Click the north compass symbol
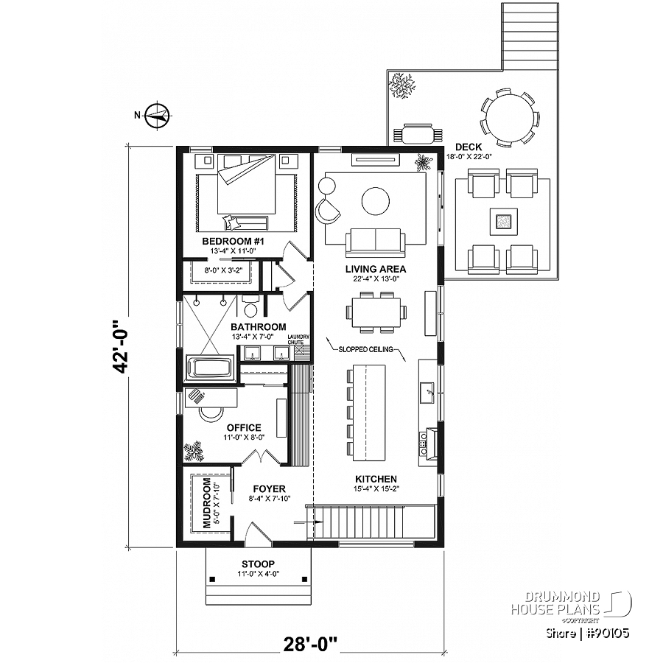tap(158, 114)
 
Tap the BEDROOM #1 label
tap(228, 242)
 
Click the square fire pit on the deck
tap(504, 220)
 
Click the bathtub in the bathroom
tap(210, 367)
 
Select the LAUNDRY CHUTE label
tap(298, 340)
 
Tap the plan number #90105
tap(606, 632)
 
